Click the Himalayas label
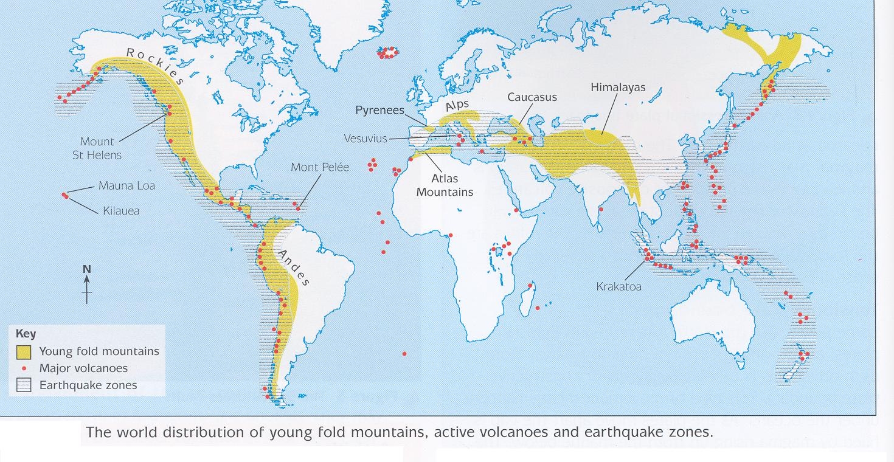point(618,88)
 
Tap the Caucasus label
point(532,97)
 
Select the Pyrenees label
point(379,110)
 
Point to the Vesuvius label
point(365,139)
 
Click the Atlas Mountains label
point(452,185)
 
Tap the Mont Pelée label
point(320,167)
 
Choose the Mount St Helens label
point(97,148)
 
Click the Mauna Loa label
point(126,186)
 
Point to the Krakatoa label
point(619,286)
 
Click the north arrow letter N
point(87,269)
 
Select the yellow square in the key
point(24,351)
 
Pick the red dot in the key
point(24,368)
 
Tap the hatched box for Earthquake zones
point(24,385)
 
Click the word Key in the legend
point(26,334)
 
